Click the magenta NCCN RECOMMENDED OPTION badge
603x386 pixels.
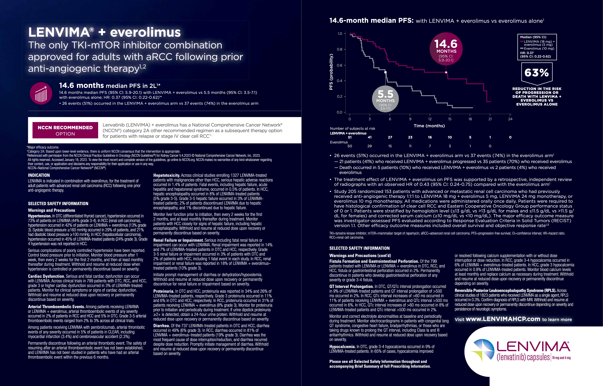click(x=65, y=130)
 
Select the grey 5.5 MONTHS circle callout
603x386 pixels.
click(x=385, y=99)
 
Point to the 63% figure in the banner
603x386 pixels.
click(x=537, y=73)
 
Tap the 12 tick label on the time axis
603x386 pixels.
click(x=430, y=119)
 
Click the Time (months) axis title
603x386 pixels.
click(x=429, y=126)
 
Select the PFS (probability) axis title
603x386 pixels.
click(x=331, y=72)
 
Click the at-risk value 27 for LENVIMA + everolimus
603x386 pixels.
click(x=390, y=137)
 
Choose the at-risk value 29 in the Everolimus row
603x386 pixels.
click(x=370, y=146)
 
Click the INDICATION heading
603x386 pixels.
click(x=39, y=175)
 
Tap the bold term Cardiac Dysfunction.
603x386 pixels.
click(x=46, y=276)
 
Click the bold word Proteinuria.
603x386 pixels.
click(x=164, y=291)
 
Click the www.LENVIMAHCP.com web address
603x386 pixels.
click(x=503, y=319)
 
